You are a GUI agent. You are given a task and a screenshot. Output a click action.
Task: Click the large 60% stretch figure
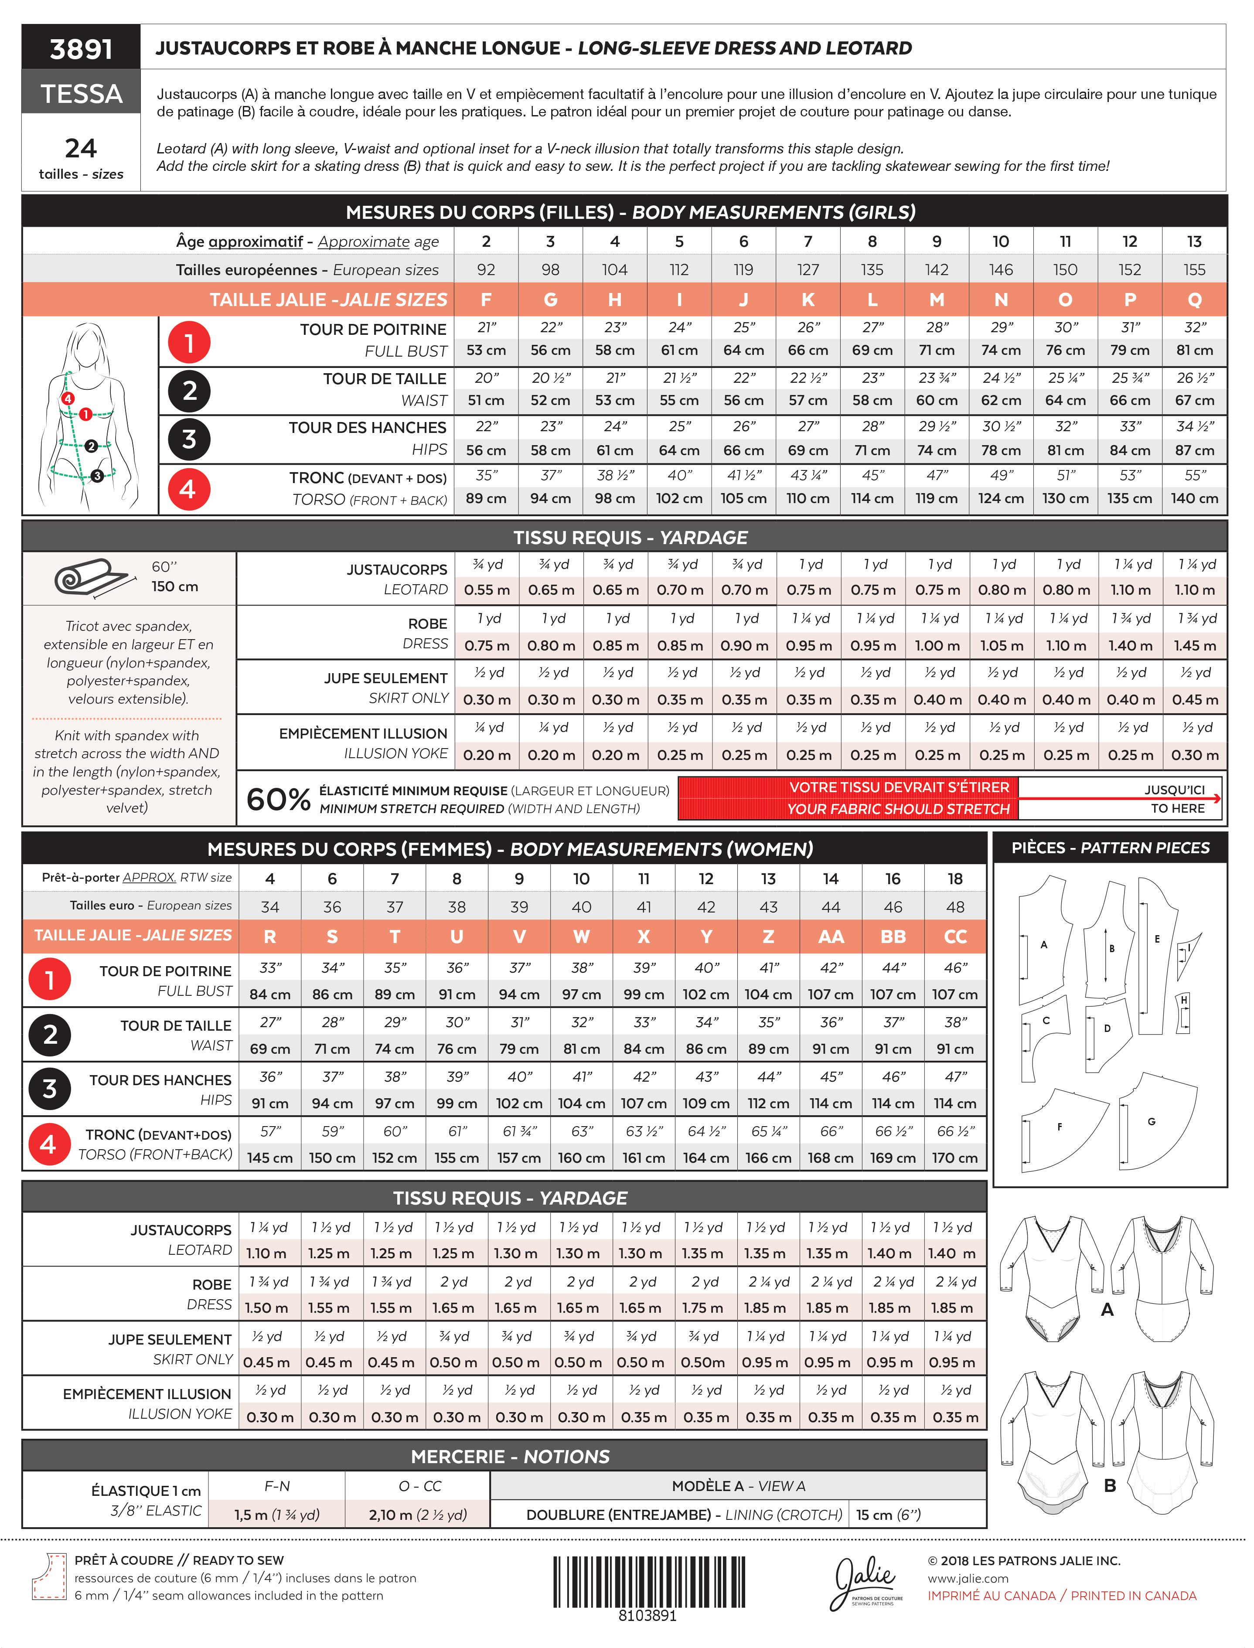coord(278,800)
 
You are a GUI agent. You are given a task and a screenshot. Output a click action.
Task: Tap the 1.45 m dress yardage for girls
coord(1194,646)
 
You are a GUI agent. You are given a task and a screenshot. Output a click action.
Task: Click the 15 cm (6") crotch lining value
coord(888,1515)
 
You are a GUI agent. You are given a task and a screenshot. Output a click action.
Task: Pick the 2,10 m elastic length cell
coord(417,1515)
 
